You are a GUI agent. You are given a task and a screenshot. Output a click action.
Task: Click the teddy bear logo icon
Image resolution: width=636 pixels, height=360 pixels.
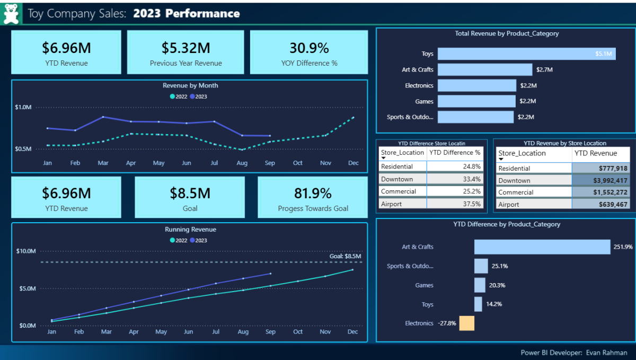pyautogui.click(x=11, y=13)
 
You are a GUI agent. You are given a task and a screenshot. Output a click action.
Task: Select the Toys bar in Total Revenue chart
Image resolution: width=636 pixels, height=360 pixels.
pyautogui.click(x=526, y=54)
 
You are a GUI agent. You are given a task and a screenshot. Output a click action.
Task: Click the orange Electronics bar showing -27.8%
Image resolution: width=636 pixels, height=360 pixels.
pyautogui.click(x=466, y=323)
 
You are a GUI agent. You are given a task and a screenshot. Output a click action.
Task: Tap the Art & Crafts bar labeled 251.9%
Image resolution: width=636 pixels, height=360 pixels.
pyautogui.click(x=542, y=247)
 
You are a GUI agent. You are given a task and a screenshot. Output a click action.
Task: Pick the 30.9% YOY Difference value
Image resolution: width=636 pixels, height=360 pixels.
pyautogui.click(x=309, y=48)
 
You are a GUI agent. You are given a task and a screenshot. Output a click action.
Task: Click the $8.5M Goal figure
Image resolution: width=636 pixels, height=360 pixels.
pyautogui.click(x=190, y=194)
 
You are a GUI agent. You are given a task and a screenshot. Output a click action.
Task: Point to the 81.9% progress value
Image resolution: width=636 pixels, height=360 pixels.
pyautogui.click(x=313, y=194)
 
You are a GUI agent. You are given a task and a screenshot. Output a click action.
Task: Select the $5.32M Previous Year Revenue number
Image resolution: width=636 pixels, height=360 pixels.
pyautogui.click(x=185, y=48)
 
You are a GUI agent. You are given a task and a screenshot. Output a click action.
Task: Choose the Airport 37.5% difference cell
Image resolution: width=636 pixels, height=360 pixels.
pyautogui.click(x=457, y=204)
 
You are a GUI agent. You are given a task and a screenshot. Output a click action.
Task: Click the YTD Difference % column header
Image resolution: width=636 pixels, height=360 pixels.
pyautogui.click(x=455, y=153)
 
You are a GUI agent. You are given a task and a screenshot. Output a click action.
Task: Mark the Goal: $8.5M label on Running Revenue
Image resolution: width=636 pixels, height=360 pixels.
pyautogui.click(x=345, y=256)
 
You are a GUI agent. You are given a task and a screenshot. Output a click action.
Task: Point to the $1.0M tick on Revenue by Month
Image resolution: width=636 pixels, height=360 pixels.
pyautogui.click(x=23, y=107)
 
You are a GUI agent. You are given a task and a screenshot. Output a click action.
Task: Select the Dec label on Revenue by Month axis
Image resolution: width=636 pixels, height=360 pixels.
pyautogui.click(x=353, y=163)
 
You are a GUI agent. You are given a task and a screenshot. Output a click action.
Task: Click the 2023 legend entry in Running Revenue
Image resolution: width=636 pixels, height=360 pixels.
pyautogui.click(x=198, y=240)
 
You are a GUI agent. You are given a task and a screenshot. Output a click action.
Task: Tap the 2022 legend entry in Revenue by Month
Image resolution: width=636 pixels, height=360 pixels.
pyautogui.click(x=179, y=96)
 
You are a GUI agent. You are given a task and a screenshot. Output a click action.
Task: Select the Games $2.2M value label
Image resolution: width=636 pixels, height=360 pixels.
pyautogui.click(x=528, y=101)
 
